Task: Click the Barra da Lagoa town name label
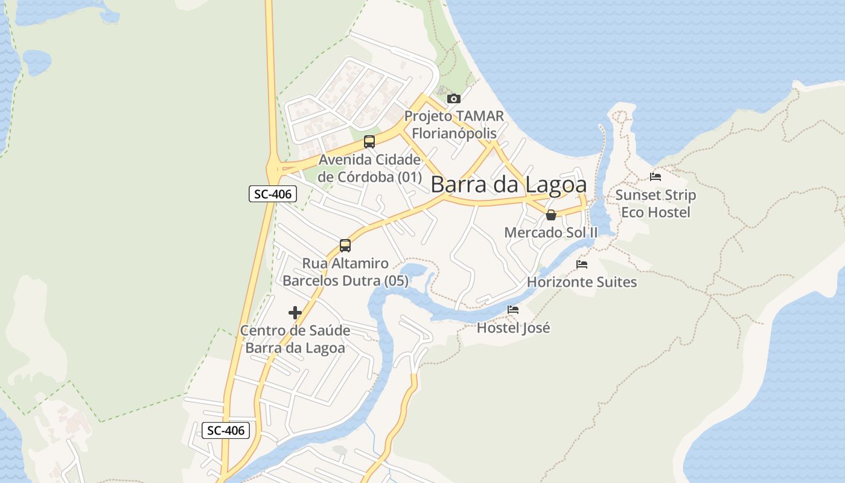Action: click(508, 184)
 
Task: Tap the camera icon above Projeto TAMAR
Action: click(453, 98)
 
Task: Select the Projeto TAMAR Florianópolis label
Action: click(454, 124)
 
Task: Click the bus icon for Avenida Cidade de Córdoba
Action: click(369, 142)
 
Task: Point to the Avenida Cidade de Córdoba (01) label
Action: click(369, 168)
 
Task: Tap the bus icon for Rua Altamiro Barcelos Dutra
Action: click(345, 246)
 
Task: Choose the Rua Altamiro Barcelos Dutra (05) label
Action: click(345, 272)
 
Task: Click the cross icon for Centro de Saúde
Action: click(295, 313)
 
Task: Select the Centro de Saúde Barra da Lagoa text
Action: click(295, 339)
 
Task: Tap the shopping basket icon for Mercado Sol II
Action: click(550, 214)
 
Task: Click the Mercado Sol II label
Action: click(550, 232)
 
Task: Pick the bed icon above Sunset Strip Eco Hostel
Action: click(655, 177)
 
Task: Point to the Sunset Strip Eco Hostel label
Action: click(655, 203)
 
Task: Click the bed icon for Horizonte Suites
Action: click(581, 264)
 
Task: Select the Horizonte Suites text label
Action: click(582, 282)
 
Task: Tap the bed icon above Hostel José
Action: click(513, 310)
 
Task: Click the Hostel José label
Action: click(514, 328)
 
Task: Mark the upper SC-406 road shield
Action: click(273, 194)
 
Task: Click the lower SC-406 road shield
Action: click(225, 430)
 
